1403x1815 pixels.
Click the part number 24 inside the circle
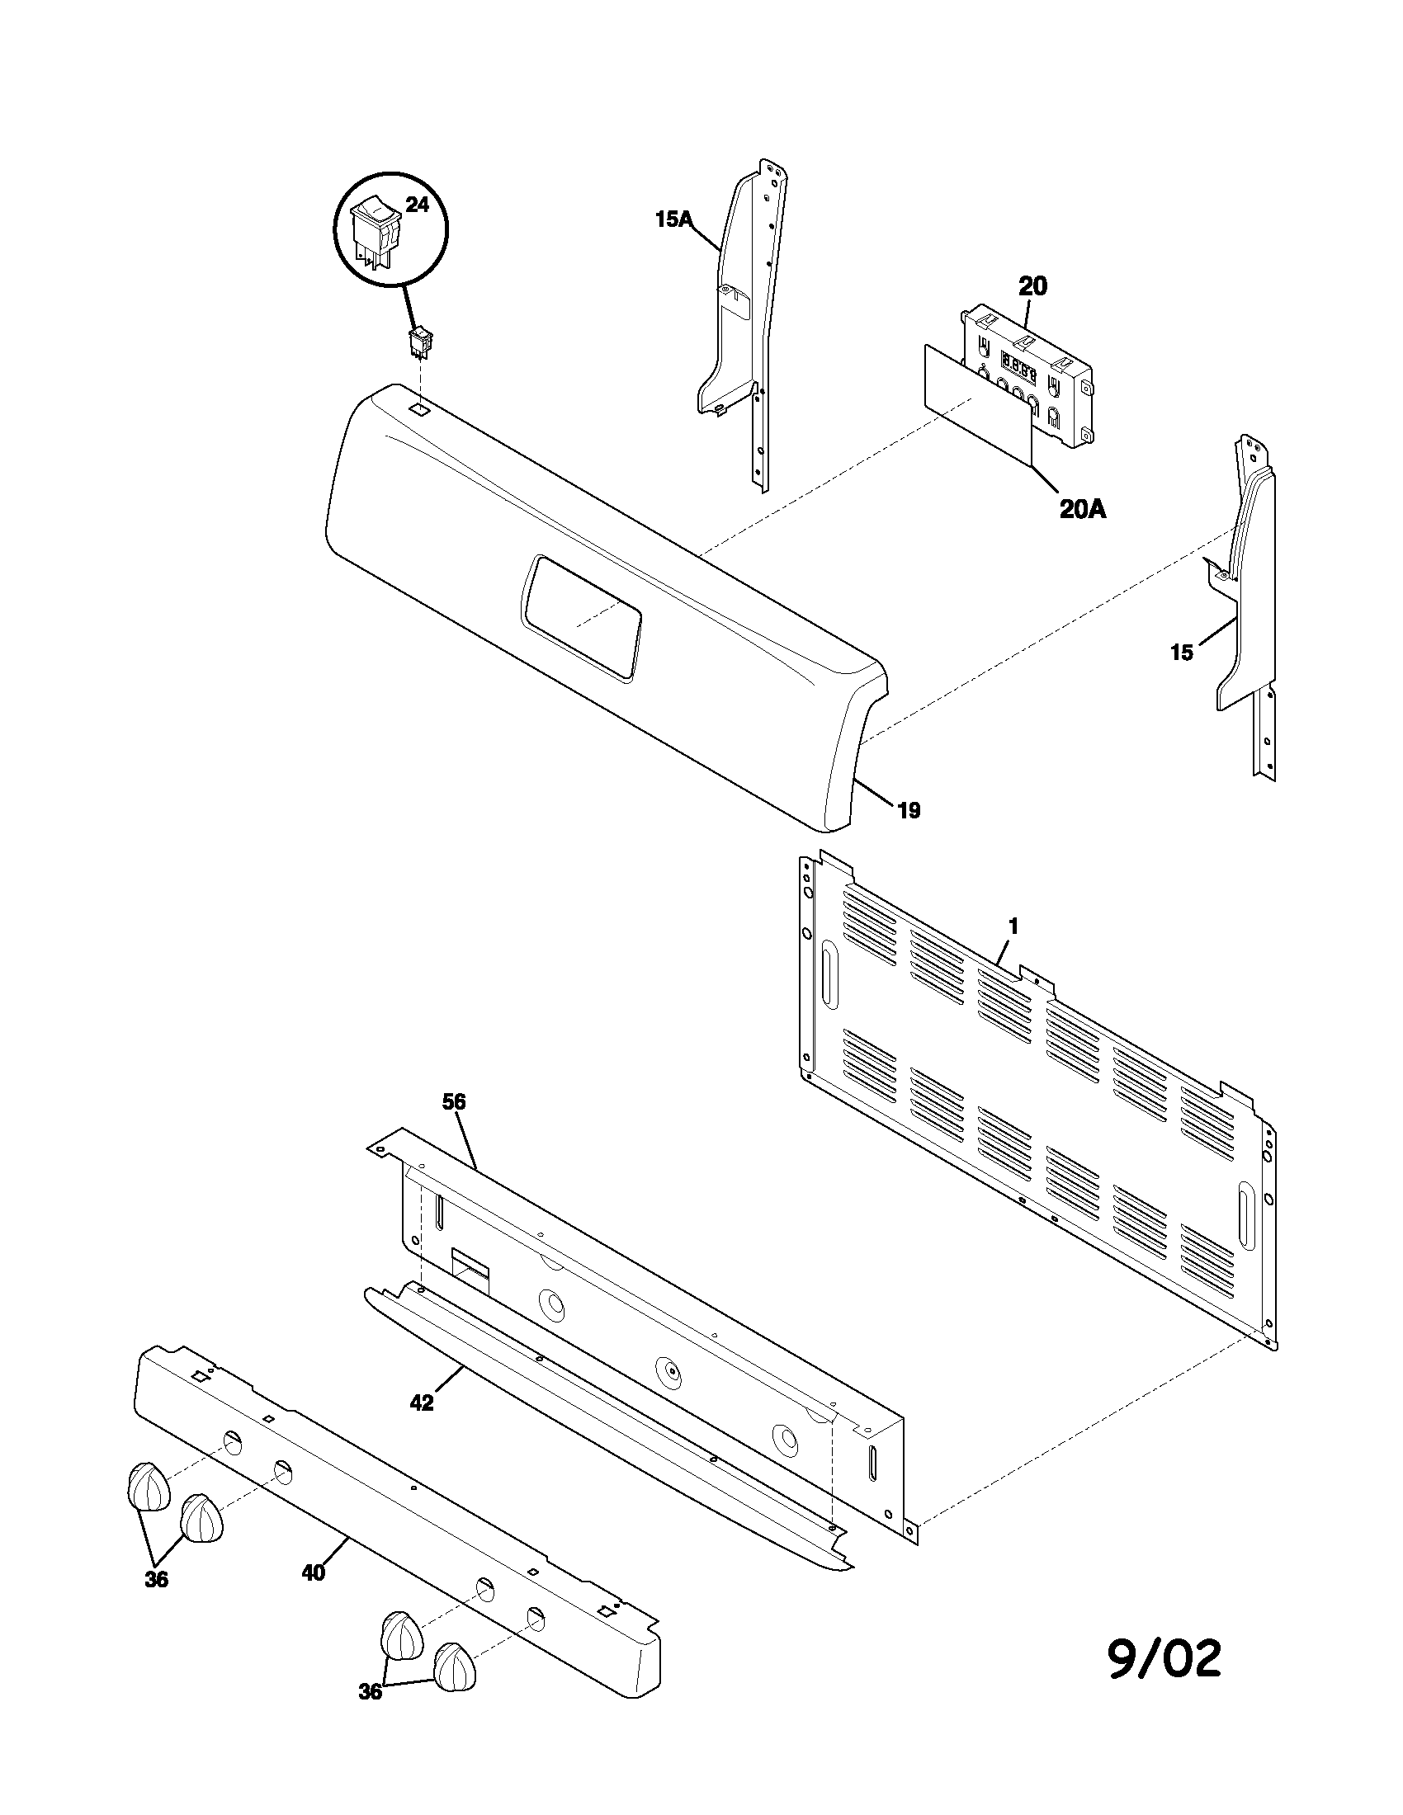click(417, 205)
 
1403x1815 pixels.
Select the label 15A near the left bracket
click(673, 219)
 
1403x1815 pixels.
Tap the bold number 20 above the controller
click(1032, 287)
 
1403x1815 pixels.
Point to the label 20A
click(1082, 509)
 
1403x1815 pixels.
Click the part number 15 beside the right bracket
click(1181, 653)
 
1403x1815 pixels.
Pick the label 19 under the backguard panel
click(909, 810)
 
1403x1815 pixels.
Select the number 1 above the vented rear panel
click(1013, 926)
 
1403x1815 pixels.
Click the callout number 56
click(454, 1102)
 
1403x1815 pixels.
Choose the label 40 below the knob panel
click(314, 1573)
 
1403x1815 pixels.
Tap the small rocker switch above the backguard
click(421, 342)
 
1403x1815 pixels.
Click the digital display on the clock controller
click(1018, 365)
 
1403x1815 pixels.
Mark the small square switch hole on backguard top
click(421, 409)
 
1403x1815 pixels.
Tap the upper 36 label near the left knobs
click(156, 1580)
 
